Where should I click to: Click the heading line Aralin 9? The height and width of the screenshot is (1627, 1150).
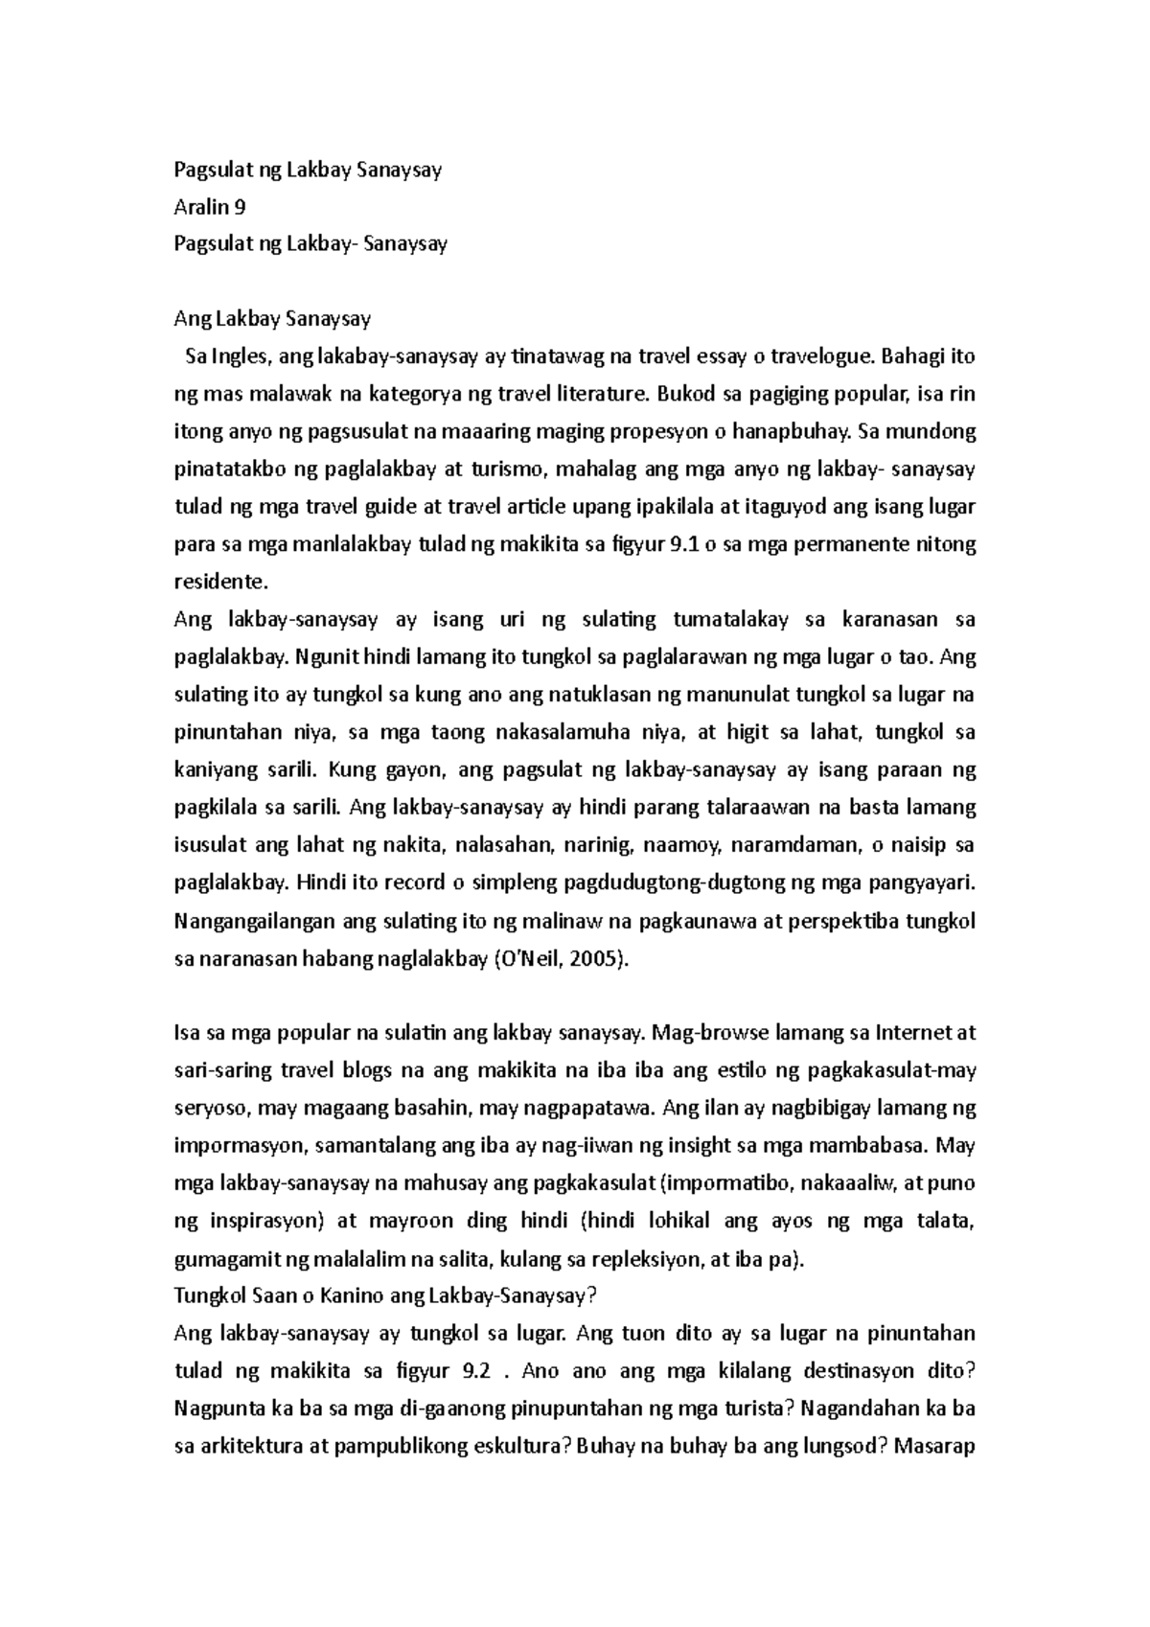[209, 207]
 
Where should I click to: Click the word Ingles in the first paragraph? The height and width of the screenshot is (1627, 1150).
[240, 357]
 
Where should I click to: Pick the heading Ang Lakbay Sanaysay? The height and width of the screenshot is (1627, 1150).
[271, 319]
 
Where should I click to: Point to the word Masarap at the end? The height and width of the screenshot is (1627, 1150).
[933, 1447]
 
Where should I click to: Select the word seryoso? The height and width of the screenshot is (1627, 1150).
[211, 1109]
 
